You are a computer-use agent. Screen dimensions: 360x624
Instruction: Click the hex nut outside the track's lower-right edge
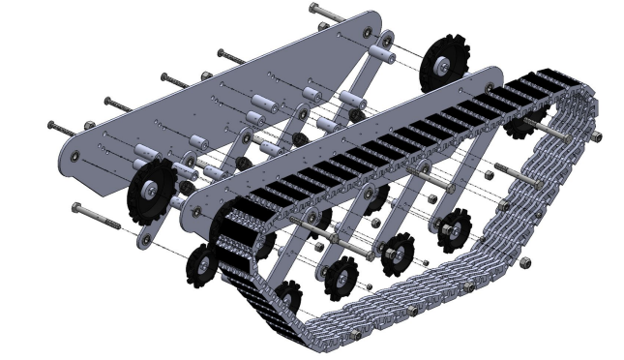(523, 262)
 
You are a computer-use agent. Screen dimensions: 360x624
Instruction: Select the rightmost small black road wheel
(452, 232)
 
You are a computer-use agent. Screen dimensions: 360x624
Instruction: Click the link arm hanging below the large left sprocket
(146, 232)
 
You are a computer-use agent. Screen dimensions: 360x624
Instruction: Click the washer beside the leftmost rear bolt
(90, 124)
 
